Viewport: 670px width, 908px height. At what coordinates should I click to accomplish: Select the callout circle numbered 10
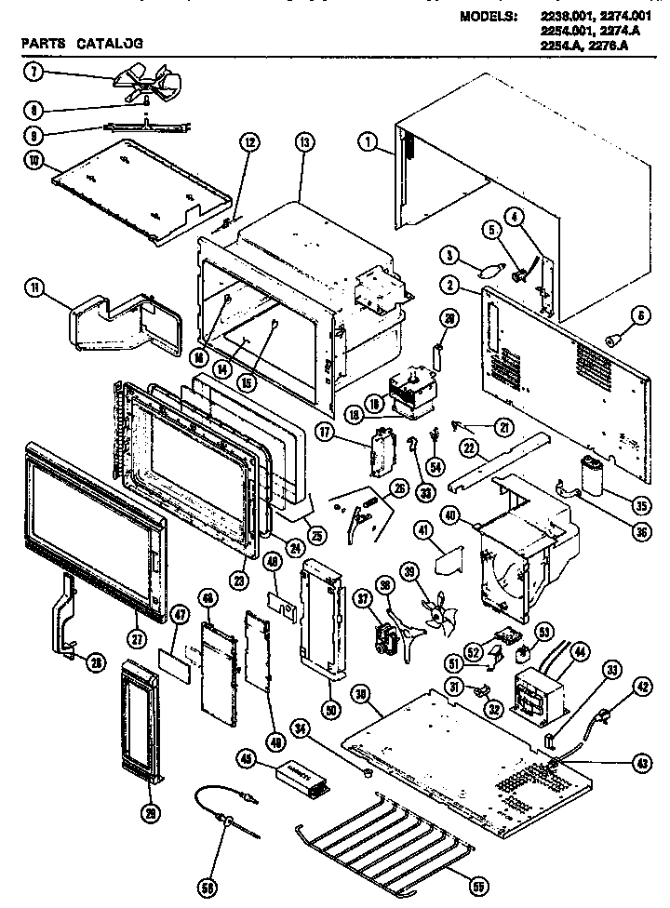34,161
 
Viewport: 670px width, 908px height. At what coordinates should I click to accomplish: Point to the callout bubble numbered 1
369,142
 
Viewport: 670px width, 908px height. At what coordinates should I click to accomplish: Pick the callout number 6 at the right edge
641,317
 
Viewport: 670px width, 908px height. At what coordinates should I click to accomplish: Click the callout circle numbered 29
147,810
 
